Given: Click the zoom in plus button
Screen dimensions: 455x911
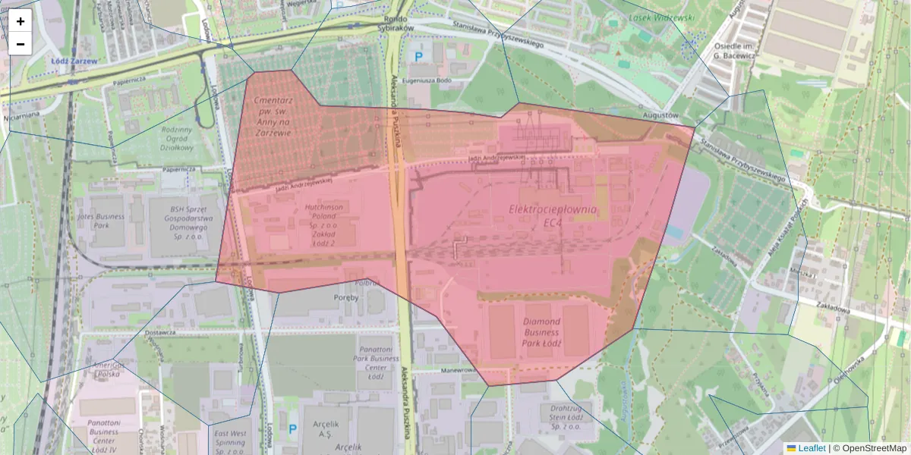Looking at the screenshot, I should pos(20,21).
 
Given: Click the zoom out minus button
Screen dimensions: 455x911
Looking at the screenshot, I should pos(20,44).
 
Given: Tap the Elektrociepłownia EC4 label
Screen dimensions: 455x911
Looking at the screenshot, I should pos(553,215).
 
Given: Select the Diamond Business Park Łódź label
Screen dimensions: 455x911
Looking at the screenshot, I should pos(542,332).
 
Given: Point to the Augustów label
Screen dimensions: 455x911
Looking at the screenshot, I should pos(660,115).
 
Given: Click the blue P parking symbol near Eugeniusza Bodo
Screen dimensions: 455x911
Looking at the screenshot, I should pos(417,56).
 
